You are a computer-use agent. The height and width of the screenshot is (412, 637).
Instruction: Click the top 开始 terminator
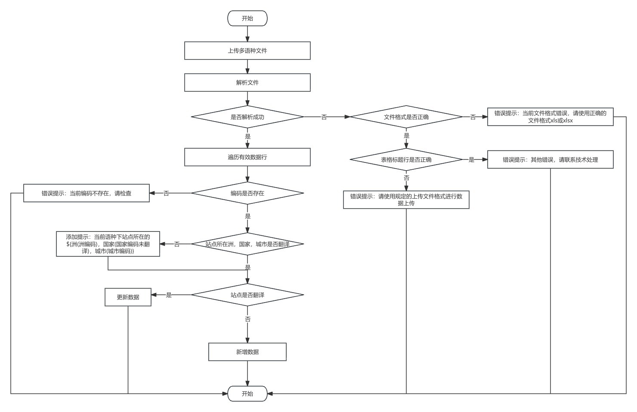[247, 18]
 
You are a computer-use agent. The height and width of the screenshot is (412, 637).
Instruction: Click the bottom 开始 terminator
[247, 393]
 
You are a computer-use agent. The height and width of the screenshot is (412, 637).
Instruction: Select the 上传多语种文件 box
[247, 51]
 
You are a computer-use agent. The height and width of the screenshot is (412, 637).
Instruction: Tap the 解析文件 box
[247, 83]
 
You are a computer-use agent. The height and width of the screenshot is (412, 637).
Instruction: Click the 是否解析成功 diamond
[247, 117]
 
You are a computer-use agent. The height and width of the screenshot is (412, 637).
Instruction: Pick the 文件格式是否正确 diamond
[406, 117]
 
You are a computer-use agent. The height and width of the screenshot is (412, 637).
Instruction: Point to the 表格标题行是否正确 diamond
[406, 159]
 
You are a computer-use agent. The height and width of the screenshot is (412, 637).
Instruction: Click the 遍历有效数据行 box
[247, 157]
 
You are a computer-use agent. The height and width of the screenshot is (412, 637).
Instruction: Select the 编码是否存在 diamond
[247, 193]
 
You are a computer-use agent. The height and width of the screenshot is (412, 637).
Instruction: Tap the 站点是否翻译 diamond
[247, 295]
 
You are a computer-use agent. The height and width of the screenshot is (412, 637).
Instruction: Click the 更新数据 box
[128, 297]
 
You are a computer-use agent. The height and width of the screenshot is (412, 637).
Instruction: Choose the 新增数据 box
[247, 352]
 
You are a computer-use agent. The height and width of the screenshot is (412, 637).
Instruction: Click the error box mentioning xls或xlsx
[550, 117]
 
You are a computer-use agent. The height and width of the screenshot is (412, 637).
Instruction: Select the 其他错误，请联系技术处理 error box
[550, 159]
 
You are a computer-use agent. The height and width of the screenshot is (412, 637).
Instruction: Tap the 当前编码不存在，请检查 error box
[87, 193]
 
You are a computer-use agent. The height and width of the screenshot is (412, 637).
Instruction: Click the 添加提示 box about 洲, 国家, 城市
[108, 244]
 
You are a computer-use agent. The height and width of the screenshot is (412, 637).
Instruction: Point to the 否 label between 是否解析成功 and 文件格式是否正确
[324, 117]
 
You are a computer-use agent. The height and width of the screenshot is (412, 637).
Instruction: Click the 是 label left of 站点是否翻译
[169, 295]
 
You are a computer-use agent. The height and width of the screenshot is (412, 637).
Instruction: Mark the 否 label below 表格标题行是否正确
[406, 178]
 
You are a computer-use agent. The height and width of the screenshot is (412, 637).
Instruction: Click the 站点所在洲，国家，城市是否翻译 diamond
[247, 244]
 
